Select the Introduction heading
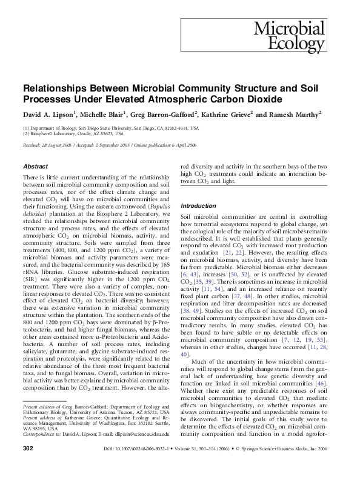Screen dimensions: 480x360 coord(198,206)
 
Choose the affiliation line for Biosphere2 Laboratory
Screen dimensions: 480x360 coord(70,134)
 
